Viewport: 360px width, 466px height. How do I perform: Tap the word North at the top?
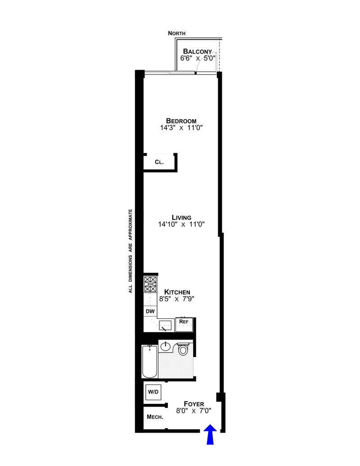176,33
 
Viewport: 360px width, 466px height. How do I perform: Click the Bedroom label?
181,121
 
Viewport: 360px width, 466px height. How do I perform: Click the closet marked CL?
159,162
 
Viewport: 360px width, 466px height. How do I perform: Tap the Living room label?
181,217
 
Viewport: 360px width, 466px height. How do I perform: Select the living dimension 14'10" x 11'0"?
181,224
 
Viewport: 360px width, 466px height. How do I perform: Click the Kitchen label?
180,292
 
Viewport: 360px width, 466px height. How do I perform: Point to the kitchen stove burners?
150,285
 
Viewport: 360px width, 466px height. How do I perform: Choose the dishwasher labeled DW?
150,311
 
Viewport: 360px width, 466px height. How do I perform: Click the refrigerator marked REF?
184,322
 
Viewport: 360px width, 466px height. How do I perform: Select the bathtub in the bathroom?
149,362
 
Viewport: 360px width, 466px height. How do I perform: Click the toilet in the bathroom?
183,349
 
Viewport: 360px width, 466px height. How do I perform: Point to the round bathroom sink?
166,346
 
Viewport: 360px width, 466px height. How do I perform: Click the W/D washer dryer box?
153,392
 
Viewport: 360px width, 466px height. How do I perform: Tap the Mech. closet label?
155,417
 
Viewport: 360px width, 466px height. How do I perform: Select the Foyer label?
194,404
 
